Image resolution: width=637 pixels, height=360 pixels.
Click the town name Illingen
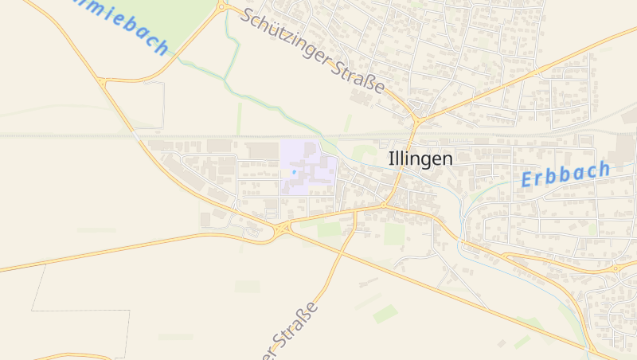420,158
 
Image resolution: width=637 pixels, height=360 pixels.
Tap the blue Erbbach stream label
565,174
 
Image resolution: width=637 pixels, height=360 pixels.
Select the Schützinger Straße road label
313,50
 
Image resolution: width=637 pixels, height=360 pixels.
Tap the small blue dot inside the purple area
294,171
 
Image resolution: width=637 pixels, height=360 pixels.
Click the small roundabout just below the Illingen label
384,205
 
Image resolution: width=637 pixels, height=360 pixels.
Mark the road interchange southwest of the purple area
282,229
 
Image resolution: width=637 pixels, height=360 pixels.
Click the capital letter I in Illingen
391,158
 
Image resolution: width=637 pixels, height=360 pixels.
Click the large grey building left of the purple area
263,151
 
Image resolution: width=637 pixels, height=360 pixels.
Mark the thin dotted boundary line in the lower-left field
80,310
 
